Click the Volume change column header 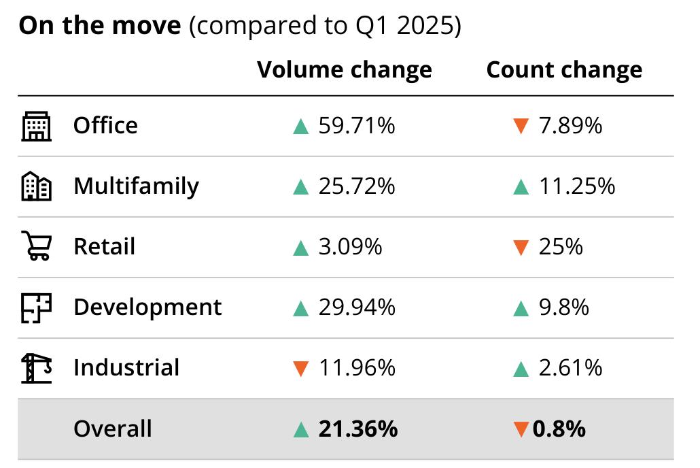point(344,70)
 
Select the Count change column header point(564,70)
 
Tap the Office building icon point(36,126)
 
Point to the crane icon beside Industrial point(36,368)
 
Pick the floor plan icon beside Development point(36,307)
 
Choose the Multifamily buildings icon point(36,186)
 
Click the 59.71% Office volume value point(357,126)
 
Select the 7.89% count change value point(571,126)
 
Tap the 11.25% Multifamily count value point(577,186)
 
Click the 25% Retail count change point(561,247)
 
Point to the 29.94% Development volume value point(357,307)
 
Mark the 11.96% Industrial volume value point(357,368)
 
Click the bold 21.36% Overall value point(358,429)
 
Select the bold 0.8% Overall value point(559,429)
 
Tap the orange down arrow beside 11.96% point(301,369)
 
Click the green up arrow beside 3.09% point(301,248)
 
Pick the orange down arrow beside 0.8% point(521,429)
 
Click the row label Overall point(113,429)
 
